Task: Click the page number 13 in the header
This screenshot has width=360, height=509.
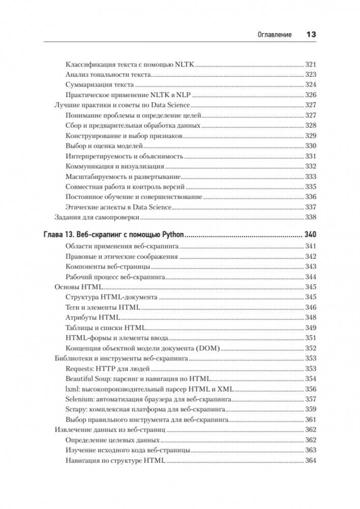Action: point(311,35)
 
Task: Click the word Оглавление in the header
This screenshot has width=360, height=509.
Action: point(274,35)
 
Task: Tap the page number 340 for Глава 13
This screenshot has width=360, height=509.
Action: point(310,235)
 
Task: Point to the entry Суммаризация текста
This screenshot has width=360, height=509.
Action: point(100,84)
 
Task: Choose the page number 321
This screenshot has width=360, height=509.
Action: point(311,64)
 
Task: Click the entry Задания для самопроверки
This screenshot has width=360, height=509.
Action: point(97,217)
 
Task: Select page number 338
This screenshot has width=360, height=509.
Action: point(311,217)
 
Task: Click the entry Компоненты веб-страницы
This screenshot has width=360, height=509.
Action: point(108,266)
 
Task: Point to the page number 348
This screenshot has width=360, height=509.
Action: point(311,317)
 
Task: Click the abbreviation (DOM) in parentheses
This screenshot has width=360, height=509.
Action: point(209,348)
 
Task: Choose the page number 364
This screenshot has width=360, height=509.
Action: point(311,461)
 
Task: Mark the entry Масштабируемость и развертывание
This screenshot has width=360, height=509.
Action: point(123,176)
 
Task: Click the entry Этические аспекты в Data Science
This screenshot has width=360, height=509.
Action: point(118,207)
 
